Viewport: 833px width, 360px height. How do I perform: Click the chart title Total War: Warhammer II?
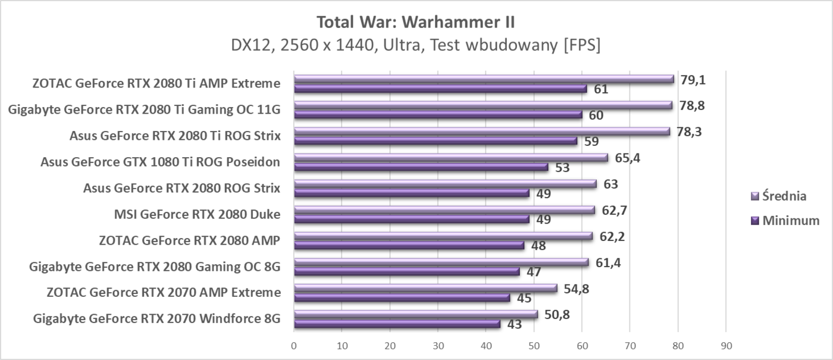(x=416, y=22)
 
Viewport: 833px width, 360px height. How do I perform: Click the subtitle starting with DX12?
(x=416, y=46)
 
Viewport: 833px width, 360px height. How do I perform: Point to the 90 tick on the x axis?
(x=725, y=345)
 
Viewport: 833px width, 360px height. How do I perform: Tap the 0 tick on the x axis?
(x=294, y=345)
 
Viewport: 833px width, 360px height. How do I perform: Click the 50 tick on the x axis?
(x=534, y=345)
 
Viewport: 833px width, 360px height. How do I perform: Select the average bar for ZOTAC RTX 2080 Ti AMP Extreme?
(x=483, y=79)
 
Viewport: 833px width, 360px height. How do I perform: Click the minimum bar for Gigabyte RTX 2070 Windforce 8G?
(x=397, y=324)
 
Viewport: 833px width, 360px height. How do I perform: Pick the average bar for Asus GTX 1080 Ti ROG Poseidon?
(x=450, y=158)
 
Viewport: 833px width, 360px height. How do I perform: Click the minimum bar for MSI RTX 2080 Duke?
(x=411, y=220)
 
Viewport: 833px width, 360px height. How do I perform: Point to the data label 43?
(x=515, y=325)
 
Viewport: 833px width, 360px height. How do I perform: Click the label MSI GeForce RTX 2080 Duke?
(x=197, y=214)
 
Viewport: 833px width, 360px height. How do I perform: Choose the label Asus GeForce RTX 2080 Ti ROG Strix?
(x=175, y=135)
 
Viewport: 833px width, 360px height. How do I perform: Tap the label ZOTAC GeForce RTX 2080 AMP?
(x=190, y=240)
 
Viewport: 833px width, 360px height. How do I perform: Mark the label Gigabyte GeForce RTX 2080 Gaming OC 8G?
(x=155, y=267)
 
